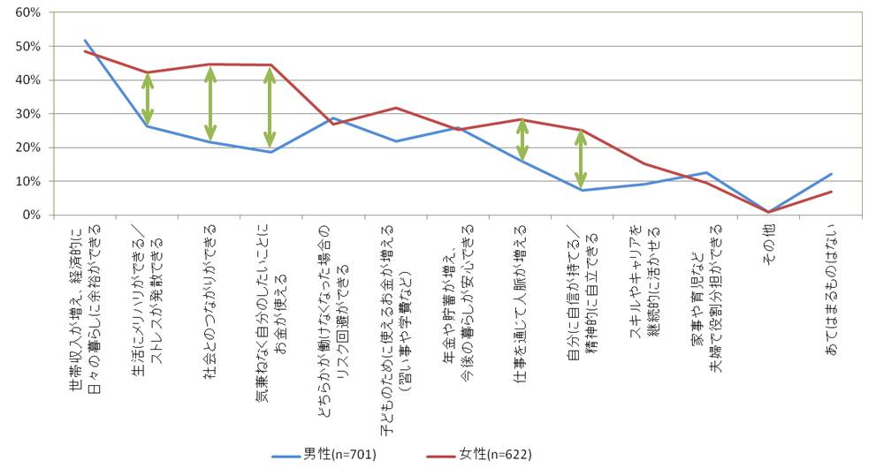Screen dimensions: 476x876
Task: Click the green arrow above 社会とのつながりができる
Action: (x=210, y=103)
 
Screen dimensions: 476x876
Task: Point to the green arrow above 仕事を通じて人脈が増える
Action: (x=522, y=140)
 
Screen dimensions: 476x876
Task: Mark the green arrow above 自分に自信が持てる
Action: (x=581, y=159)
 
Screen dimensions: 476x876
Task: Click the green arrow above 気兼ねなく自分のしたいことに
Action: (x=270, y=108)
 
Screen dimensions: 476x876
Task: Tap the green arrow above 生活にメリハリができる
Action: (x=148, y=99)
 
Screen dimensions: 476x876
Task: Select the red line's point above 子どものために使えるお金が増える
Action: (x=396, y=108)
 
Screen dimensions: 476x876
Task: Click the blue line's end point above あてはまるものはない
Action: (x=832, y=174)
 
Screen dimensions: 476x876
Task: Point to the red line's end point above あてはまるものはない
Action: (x=832, y=192)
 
